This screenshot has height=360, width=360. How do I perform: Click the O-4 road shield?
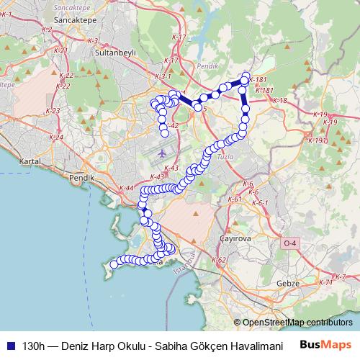(290, 244)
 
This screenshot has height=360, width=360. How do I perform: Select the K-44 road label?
(125, 188)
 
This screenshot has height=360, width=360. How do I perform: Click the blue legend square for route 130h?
(9, 345)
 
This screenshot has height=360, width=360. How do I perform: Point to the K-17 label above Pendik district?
(179, 37)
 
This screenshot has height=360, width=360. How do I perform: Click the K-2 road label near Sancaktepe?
(47, 30)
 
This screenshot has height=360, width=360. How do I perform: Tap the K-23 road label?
(53, 111)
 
